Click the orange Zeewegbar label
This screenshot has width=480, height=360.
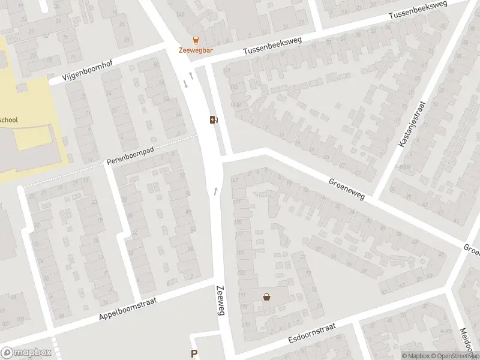196,50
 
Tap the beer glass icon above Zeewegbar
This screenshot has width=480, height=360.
196,40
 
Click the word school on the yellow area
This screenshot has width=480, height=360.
8,120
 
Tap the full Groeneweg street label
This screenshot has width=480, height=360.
346,188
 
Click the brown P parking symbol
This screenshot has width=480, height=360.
194,354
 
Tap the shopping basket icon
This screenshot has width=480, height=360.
266,296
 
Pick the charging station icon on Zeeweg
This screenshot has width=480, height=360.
213,119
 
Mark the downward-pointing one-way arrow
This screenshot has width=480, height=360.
185,84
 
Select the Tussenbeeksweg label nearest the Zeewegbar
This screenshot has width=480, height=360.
271,47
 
